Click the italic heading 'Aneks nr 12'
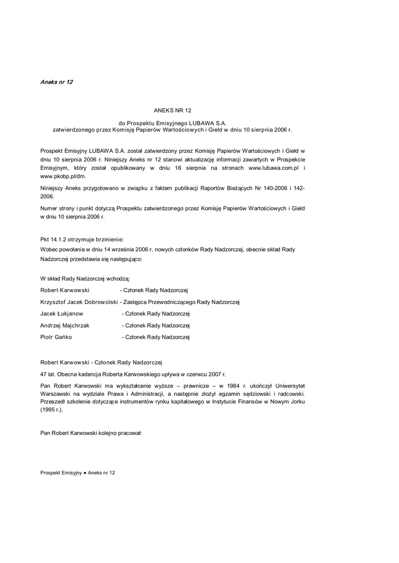coord(57,82)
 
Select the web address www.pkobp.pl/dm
coord(63,176)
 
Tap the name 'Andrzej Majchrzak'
coord(65,325)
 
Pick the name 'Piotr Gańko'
coord(56,337)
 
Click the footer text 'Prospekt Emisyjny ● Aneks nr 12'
coord(78,473)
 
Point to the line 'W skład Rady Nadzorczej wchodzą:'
coord(85,279)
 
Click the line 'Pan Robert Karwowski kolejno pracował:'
coord(91,433)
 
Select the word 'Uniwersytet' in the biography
coord(290,385)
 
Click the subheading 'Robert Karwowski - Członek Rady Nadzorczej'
coord(102,362)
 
